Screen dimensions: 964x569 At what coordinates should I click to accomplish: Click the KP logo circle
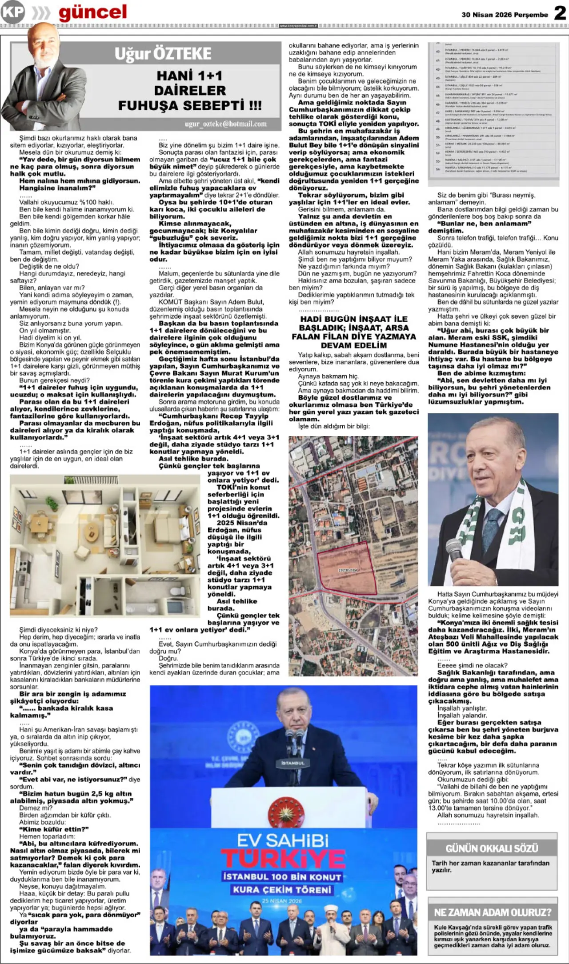click(x=13, y=13)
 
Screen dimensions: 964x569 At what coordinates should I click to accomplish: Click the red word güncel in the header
click(x=92, y=13)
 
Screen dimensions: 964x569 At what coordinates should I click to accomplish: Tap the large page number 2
click(x=560, y=13)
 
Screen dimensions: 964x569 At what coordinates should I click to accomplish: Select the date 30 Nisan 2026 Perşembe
click(x=505, y=15)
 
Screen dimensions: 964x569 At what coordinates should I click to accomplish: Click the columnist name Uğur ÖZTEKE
click(x=163, y=54)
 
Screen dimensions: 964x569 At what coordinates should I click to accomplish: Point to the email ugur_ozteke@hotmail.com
click(x=226, y=124)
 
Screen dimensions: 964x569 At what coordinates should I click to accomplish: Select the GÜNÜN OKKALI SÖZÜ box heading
click(x=492, y=848)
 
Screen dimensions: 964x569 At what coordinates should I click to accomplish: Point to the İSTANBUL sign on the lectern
click(x=293, y=763)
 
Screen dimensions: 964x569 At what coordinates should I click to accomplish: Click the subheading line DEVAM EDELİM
click(x=354, y=345)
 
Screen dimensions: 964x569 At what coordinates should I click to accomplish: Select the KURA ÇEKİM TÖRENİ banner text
click(x=282, y=889)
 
